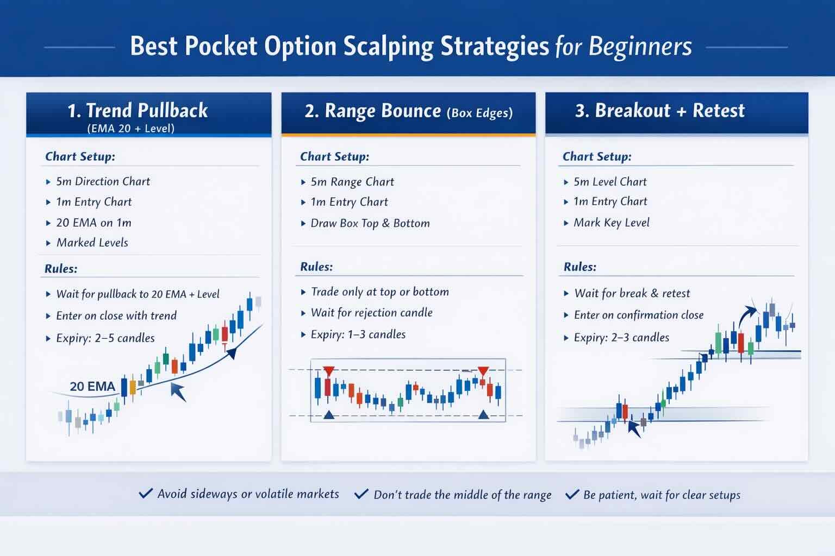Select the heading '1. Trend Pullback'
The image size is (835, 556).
tap(138, 110)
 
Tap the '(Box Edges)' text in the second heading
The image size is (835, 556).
tap(479, 113)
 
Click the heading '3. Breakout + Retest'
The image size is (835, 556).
tap(659, 110)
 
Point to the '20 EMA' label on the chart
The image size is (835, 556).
tap(92, 387)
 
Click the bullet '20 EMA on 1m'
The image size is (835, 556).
tap(94, 223)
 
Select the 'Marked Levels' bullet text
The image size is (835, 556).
tap(92, 243)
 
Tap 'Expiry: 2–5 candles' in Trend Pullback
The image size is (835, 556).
tap(105, 338)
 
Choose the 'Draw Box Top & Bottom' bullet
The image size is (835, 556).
tap(370, 223)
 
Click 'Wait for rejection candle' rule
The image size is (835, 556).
tap(371, 313)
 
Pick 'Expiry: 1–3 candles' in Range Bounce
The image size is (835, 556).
tap(358, 334)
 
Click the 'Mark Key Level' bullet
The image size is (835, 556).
tap(611, 223)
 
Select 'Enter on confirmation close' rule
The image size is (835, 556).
tap(638, 315)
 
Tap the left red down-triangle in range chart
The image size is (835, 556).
tap(328, 371)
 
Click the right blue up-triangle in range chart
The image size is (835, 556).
tap(483, 415)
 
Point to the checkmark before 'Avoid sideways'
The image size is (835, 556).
tap(146, 494)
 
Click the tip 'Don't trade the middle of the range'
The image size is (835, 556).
tap(462, 495)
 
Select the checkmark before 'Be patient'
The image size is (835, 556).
tap(572, 495)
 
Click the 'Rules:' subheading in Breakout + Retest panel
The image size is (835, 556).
tap(579, 267)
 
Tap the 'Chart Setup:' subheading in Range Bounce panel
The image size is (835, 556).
tap(334, 156)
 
